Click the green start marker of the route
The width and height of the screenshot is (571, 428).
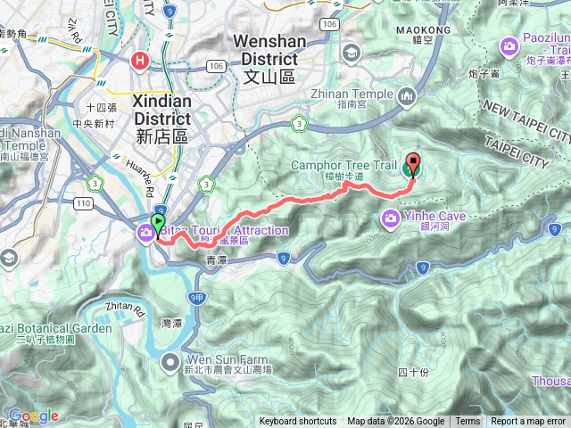[158, 223]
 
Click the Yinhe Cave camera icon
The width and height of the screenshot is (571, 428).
[391, 218]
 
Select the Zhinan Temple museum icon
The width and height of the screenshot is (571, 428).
[408, 95]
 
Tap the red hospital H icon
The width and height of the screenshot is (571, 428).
[139, 62]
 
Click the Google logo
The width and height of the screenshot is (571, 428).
[34, 416]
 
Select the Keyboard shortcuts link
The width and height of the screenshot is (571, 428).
[298, 422]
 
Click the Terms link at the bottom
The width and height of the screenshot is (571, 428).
[467, 422]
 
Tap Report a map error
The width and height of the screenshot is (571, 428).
[528, 422]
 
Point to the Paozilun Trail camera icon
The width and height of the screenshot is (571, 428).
[509, 45]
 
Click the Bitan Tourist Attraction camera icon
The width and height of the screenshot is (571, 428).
[145, 232]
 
